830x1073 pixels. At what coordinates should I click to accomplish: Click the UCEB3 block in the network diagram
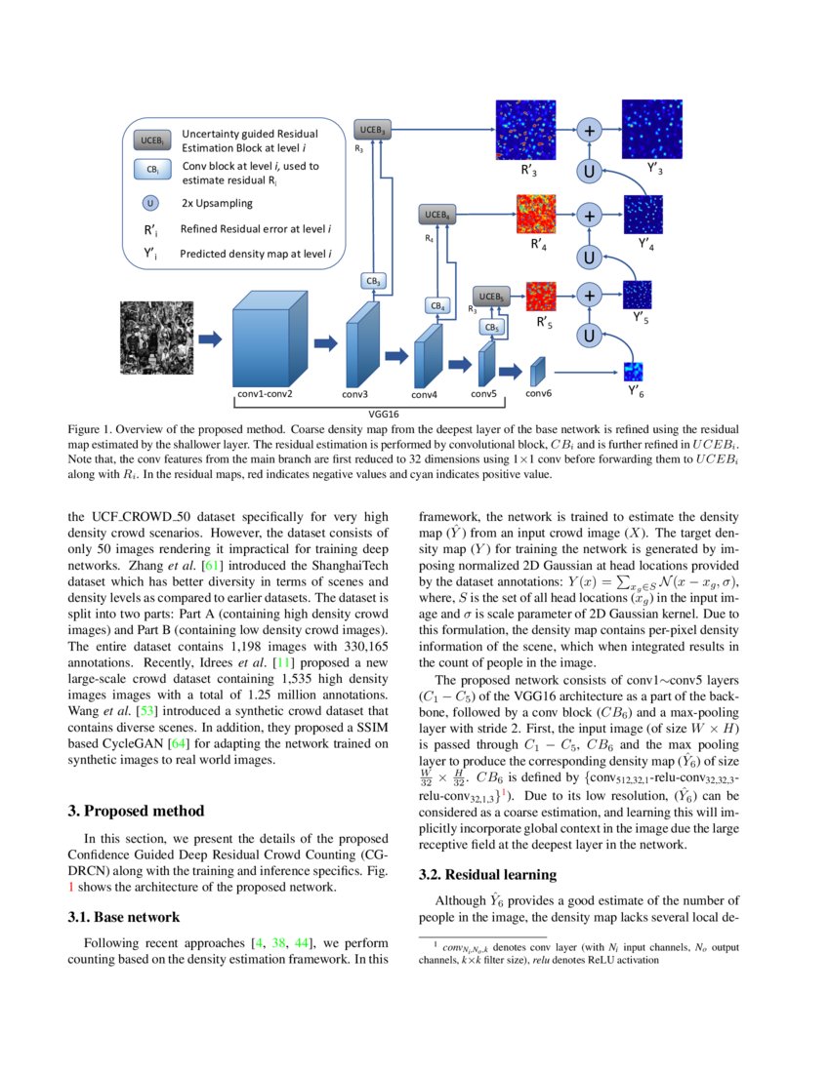(372, 130)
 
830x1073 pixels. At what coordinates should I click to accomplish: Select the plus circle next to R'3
(589, 131)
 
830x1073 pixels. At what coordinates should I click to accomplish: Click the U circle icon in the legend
(149, 204)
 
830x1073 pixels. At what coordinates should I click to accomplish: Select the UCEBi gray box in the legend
(152, 140)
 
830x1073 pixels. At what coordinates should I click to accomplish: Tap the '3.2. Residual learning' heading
(487, 874)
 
